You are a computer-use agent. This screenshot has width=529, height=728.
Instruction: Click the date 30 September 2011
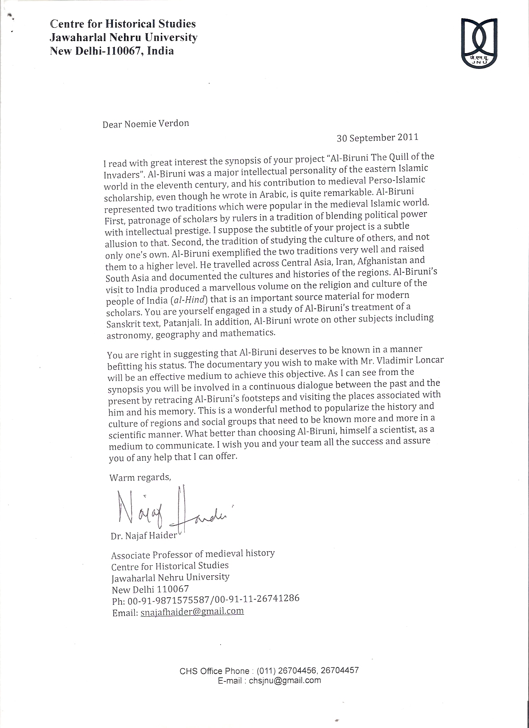click(378, 138)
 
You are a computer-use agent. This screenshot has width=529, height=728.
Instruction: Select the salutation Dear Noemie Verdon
click(146, 124)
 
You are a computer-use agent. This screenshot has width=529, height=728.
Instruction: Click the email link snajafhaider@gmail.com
click(192, 611)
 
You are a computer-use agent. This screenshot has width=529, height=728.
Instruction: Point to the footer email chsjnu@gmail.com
click(285, 680)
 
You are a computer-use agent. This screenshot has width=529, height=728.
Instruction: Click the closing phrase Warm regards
click(140, 477)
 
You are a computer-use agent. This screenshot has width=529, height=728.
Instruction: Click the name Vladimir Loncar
click(409, 360)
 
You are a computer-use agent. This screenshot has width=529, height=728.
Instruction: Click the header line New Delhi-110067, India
click(112, 51)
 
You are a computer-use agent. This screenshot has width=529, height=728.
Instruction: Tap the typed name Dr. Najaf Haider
click(144, 536)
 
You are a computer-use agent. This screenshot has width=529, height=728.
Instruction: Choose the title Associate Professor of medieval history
click(193, 554)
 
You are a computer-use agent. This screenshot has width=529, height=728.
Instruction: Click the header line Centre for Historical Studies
click(123, 24)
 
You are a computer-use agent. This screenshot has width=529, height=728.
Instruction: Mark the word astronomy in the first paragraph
click(129, 335)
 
